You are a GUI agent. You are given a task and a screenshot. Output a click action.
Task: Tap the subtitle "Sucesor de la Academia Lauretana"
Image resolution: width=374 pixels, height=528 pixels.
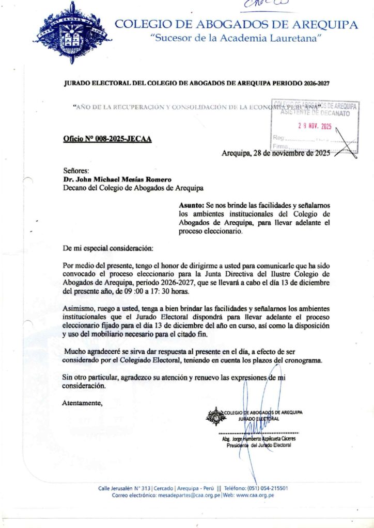[x=236, y=38]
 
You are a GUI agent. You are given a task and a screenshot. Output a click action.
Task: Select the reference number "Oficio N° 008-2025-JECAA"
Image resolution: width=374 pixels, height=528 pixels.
[x=107, y=139]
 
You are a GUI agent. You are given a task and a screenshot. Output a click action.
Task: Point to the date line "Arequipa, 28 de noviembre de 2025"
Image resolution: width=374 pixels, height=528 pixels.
[x=275, y=153]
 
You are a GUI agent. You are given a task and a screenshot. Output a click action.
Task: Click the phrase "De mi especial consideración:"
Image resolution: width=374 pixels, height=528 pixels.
[x=108, y=248]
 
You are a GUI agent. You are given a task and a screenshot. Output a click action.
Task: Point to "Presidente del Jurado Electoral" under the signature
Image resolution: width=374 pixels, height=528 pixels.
[x=258, y=445]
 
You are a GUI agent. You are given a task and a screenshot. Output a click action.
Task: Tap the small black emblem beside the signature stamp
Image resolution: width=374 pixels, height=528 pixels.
[x=215, y=416]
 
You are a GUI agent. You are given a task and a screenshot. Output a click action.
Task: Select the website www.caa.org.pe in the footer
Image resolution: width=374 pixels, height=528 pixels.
[x=255, y=495]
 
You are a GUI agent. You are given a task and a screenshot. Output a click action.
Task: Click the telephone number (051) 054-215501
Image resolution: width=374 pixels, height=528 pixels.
[x=267, y=488]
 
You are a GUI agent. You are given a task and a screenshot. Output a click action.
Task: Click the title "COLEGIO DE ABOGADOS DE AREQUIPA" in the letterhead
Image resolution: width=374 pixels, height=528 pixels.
[x=236, y=24]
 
